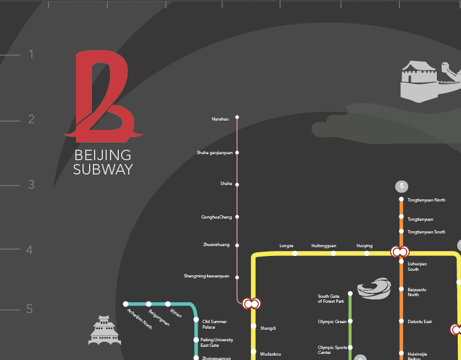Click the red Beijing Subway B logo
[103, 96]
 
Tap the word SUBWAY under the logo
[103, 169]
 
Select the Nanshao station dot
[237, 117]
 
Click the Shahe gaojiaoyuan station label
[215, 152]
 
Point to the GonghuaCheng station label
[217, 217]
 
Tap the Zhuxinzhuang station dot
[237, 245]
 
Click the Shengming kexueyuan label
[206, 276]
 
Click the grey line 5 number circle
[402, 186]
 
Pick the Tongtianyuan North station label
[426, 200]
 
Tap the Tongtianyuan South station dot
[402, 232]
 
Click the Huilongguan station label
[323, 246]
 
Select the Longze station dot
[295, 253]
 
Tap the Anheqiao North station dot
[125, 304]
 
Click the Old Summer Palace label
[214, 324]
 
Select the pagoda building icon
[104, 331]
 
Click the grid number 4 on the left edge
[30, 250]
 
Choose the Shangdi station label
[268, 328]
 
